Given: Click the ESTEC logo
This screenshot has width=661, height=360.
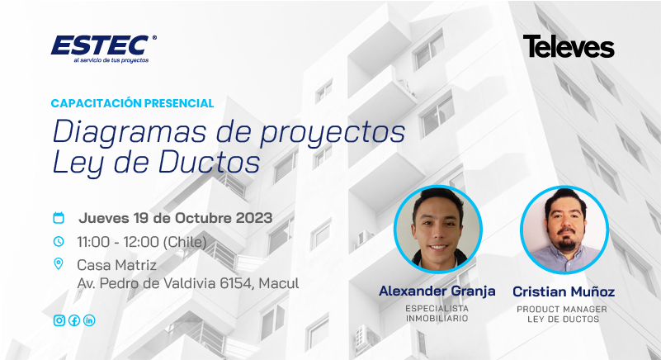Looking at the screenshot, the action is point(104,49).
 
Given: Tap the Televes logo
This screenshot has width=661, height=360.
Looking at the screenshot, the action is point(569,46).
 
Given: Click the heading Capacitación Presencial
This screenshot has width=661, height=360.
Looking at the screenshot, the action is point(132,103).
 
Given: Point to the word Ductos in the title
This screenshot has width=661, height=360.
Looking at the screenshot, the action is point(209,163).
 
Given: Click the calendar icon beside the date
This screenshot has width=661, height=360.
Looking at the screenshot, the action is point(58,218).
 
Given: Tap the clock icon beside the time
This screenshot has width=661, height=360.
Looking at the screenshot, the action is point(58,241).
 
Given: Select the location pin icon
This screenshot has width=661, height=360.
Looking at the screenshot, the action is point(58,264).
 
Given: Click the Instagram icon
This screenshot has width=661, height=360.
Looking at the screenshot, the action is point(59,320).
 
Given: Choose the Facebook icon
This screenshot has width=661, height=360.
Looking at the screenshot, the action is point(74,320).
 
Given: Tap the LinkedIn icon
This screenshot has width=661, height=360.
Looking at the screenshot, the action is point(89,320).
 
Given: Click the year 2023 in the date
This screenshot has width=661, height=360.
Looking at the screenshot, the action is point(254,218).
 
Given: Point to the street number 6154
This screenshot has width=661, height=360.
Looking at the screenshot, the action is point(236,283).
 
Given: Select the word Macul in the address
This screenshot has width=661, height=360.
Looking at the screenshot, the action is point(279,283).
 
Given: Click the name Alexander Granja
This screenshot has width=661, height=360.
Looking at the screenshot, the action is point(437,291).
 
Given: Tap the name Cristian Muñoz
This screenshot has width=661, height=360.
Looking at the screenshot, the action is point(564,291).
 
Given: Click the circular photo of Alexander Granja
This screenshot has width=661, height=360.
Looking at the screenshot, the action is point(438,230).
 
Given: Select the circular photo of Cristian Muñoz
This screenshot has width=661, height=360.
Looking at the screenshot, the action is point(564,230).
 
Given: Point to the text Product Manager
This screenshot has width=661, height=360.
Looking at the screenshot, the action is point(562,310).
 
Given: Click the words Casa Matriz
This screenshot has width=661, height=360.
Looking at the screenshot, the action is point(117,265).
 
